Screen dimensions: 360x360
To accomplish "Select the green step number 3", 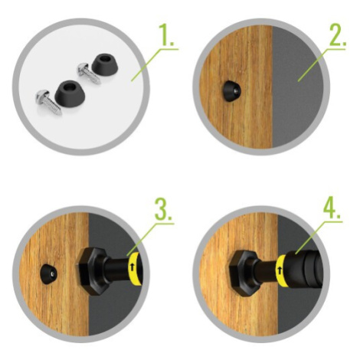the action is tap(163, 210).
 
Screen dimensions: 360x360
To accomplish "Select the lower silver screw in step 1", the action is tap(48, 102).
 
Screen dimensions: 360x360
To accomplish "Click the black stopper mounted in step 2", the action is tap(231, 91).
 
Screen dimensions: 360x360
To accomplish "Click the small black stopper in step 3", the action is tap(49, 275).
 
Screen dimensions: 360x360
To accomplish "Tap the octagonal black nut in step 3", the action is tap(90, 271).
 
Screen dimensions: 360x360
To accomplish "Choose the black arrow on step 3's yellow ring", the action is tap(132, 267).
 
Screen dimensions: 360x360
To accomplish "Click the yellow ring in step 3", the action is tap(134, 269).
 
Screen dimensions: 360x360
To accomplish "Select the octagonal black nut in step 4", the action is tap(242, 273).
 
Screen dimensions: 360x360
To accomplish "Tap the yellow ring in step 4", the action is tap(281, 271).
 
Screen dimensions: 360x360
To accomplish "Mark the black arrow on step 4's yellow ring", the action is tap(280, 270).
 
